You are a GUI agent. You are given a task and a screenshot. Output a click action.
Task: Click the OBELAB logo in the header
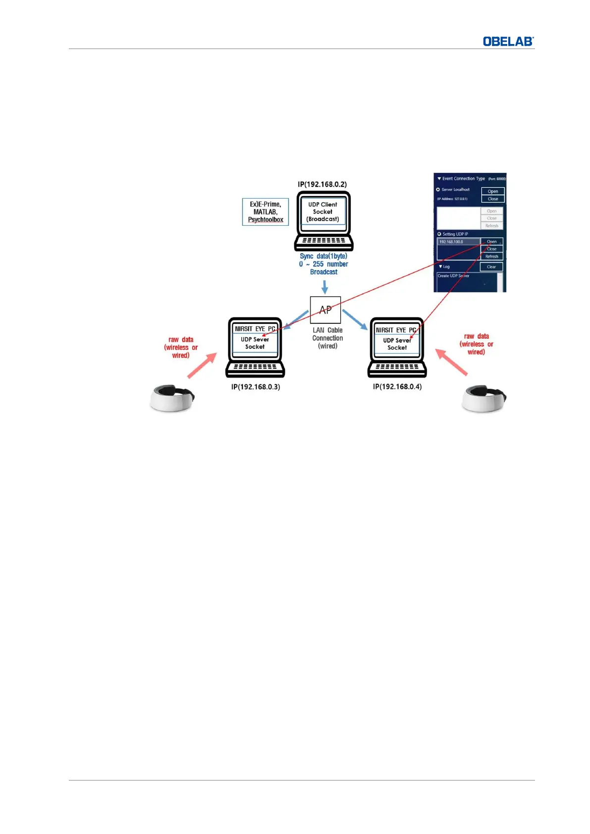click(508, 42)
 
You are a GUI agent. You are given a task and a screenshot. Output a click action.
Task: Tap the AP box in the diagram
click(325, 310)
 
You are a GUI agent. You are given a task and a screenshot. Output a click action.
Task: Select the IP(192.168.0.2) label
click(322, 184)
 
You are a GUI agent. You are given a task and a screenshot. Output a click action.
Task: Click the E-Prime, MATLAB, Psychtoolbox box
click(266, 212)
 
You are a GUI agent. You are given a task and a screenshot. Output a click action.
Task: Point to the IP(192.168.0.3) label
click(256, 387)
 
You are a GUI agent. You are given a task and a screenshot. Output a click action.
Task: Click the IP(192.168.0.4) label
click(397, 386)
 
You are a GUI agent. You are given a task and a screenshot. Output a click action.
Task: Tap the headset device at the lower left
click(172, 398)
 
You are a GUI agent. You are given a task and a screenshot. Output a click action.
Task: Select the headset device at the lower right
click(483, 398)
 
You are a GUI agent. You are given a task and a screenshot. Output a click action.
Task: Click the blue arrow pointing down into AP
click(324, 287)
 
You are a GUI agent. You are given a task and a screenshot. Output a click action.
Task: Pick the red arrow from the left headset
click(202, 365)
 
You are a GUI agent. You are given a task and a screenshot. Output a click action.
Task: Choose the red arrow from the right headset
click(451, 362)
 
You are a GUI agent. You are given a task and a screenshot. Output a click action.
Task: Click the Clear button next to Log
click(491, 267)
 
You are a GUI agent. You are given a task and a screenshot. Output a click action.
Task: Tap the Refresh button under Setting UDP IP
click(491, 257)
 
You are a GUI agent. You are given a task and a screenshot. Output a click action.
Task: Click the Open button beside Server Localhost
click(493, 191)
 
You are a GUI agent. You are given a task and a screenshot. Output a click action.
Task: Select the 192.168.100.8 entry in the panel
click(458, 242)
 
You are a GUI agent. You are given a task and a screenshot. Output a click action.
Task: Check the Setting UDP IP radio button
click(439, 234)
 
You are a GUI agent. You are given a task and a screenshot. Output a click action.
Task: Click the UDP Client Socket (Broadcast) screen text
click(323, 211)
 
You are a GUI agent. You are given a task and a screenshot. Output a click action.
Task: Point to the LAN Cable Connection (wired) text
click(327, 338)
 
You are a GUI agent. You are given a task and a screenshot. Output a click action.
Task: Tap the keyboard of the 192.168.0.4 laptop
click(397, 368)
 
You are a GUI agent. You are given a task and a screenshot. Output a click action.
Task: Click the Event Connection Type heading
click(463, 179)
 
